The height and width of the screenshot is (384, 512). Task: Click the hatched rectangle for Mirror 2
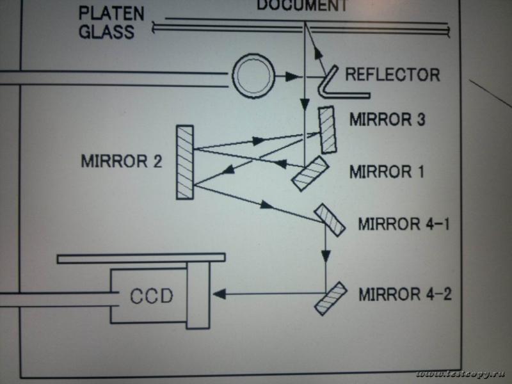pyautogui.click(x=185, y=163)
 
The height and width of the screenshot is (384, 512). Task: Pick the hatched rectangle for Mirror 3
pyautogui.click(x=328, y=130)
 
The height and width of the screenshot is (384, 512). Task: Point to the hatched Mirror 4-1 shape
pyautogui.click(x=329, y=220)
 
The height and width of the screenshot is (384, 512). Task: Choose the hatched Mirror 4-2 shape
pyautogui.click(x=330, y=298)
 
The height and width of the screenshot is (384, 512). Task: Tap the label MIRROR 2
pyautogui.click(x=122, y=161)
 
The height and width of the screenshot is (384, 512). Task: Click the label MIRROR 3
pyautogui.click(x=387, y=120)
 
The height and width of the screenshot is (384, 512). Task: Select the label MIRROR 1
pyautogui.click(x=387, y=172)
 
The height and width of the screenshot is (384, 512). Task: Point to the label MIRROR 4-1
pyautogui.click(x=404, y=225)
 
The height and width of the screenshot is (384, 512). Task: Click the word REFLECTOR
pyautogui.click(x=392, y=74)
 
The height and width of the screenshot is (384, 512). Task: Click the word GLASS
pyautogui.click(x=107, y=31)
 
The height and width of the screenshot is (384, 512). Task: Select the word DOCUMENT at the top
pyautogui.click(x=302, y=6)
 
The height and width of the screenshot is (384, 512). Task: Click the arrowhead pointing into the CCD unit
pyautogui.click(x=218, y=294)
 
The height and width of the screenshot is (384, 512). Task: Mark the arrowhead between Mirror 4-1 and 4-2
pyautogui.click(x=326, y=254)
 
